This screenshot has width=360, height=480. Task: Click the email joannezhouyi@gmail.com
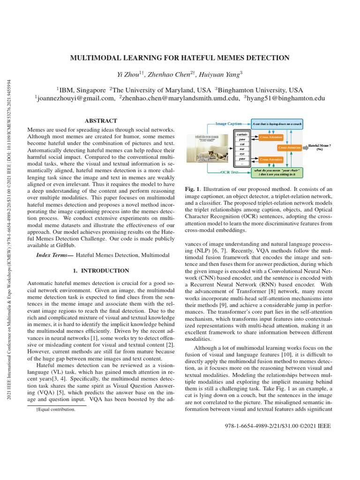(x=75, y=98)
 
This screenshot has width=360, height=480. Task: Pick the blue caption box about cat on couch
(x=277, y=124)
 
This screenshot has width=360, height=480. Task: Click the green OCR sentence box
(x=277, y=172)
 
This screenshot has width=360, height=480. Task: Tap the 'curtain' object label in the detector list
(x=242, y=134)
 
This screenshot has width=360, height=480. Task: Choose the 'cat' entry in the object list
(x=242, y=144)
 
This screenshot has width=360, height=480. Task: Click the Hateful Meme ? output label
(x=320, y=146)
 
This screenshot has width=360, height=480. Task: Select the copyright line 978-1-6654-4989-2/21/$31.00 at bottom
(x=278, y=427)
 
